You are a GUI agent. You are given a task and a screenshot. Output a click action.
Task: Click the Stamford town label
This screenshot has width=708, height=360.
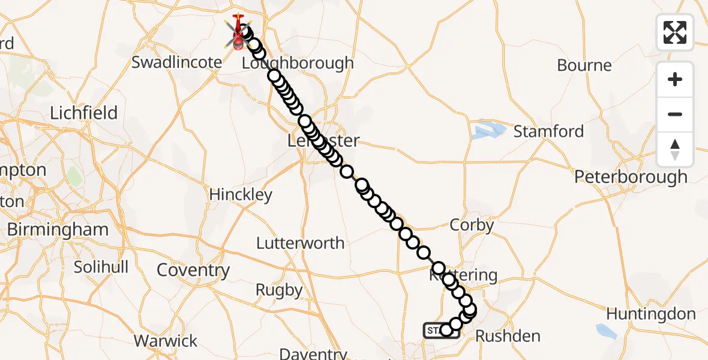548,131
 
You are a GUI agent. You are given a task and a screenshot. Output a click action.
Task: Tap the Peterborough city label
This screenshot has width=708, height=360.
631,177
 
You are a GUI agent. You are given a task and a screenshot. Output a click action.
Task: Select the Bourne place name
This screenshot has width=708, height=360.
584,65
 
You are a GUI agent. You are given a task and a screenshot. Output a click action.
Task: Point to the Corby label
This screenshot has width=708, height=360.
472,226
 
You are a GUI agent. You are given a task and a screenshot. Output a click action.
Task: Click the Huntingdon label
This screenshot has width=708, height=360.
650,314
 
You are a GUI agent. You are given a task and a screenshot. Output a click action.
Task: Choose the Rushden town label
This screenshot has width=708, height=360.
508,336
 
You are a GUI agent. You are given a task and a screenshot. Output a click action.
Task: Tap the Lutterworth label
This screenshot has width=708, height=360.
300,243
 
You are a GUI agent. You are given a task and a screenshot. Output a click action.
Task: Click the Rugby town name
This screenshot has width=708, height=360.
279,290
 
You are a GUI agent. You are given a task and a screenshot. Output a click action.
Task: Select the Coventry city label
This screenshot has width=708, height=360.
193,271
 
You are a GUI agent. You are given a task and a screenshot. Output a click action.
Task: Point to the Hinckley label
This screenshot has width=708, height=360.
241,194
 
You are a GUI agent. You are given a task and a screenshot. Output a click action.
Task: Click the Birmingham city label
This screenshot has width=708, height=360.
58,229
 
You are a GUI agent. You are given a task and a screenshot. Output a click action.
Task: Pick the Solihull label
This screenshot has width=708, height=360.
101,267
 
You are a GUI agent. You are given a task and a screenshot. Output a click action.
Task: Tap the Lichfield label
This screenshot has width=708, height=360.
83,113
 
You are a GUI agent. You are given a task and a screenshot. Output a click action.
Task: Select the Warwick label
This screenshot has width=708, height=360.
166,341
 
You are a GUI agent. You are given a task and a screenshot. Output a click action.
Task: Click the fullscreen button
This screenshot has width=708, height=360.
675,32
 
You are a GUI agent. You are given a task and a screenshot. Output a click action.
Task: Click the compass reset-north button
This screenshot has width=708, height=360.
675,149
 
